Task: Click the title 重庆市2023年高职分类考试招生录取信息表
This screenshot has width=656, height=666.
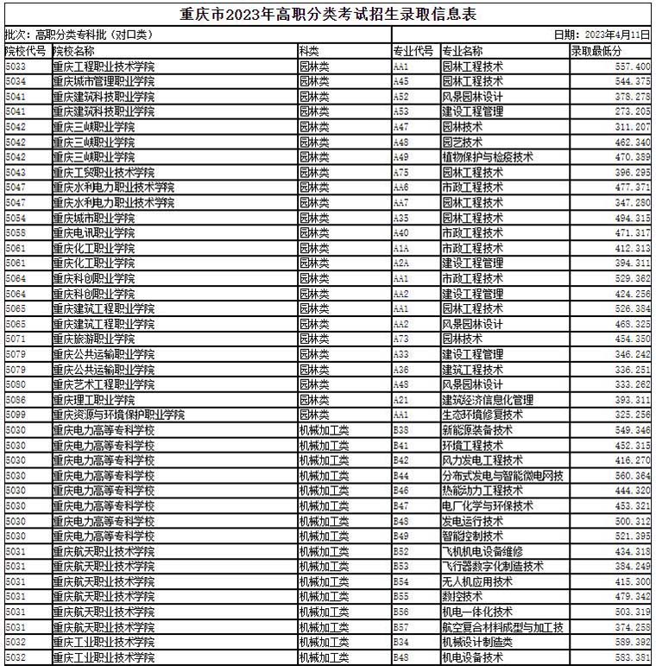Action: pyautogui.click(x=328, y=15)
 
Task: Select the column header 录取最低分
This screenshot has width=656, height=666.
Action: pyautogui.click(x=595, y=50)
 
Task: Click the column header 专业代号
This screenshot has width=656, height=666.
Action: pyautogui.click(x=413, y=50)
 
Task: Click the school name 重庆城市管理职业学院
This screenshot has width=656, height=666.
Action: pyautogui.click(x=104, y=81)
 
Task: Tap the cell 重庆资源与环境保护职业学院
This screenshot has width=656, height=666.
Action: pyautogui.click(x=118, y=415)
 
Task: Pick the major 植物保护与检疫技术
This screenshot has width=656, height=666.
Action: pyautogui.click(x=488, y=156)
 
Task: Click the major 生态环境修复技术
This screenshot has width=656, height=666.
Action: pyautogui.click(x=483, y=415)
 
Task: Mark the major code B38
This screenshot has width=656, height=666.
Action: pyautogui.click(x=401, y=430)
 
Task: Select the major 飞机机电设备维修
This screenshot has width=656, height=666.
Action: pyautogui.click(x=483, y=552)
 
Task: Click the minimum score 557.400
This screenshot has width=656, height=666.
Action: pyautogui.click(x=633, y=66)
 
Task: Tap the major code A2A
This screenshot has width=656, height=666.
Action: pyautogui.click(x=401, y=263)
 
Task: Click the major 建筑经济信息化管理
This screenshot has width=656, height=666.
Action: pyautogui.click(x=488, y=400)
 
